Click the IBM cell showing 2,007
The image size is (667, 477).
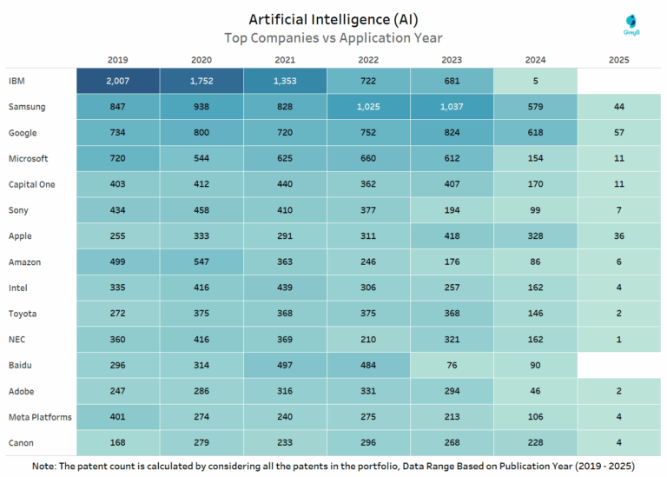[118, 81]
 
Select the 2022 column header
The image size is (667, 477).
[368, 60]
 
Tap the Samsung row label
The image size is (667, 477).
[27, 107]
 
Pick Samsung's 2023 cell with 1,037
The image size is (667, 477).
[452, 107]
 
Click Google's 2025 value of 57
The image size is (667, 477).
[618, 133]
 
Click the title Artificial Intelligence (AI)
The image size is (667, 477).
[333, 19]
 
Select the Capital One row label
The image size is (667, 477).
[33, 184]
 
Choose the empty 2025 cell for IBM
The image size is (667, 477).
[618, 81]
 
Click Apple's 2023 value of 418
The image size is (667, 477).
[452, 235]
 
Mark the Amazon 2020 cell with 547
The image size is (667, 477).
[201, 262]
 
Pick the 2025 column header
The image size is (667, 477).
[618, 60]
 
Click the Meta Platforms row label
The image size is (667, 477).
[39, 417]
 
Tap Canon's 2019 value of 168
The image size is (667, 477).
[118, 442]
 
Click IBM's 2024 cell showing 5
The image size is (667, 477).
[535, 81]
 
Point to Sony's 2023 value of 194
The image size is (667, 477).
[452, 210]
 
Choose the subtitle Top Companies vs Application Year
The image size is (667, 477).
[333, 37]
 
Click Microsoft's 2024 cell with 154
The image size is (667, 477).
[535, 158]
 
